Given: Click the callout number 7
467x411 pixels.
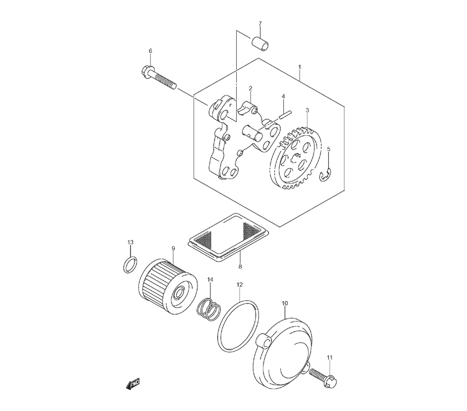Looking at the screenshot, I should pyautogui.click(x=260, y=24).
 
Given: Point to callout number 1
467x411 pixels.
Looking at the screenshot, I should pyautogui.click(x=299, y=68).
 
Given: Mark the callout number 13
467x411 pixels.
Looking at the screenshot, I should pyautogui.click(x=131, y=242).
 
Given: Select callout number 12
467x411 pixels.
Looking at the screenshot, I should pyautogui.click(x=240, y=284).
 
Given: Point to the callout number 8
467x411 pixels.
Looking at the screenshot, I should pyautogui.click(x=240, y=267).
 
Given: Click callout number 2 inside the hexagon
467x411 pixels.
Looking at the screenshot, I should pyautogui.click(x=250, y=88).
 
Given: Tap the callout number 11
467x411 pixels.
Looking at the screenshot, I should pyautogui.click(x=330, y=358).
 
